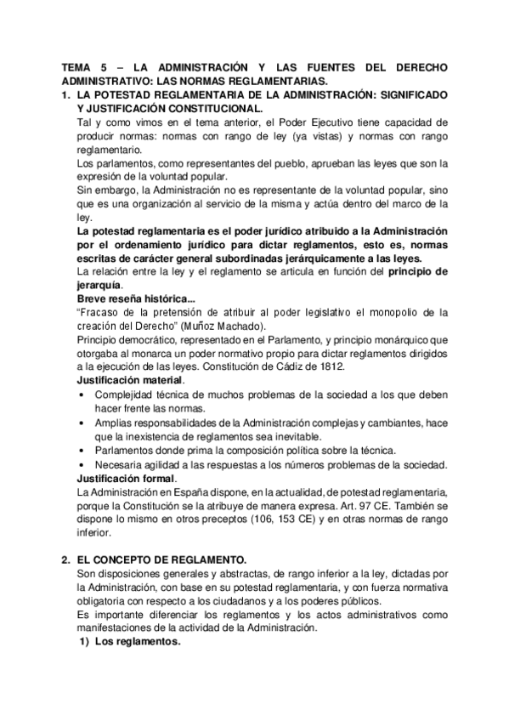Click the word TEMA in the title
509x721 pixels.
click(82, 68)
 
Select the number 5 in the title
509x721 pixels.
click(112, 68)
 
